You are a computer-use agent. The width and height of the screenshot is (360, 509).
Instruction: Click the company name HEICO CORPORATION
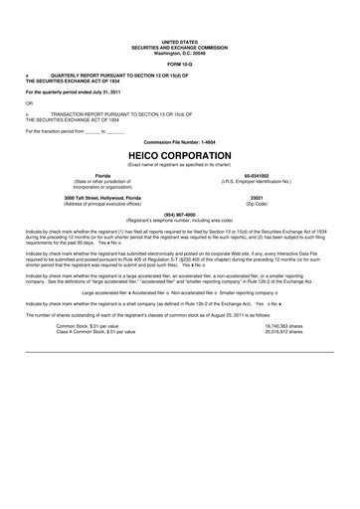(179, 156)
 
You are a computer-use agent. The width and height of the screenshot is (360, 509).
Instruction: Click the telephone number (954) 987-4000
(179, 213)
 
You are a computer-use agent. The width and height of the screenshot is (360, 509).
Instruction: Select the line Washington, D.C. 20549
(179, 52)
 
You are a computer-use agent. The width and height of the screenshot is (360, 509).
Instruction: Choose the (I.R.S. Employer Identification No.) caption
(256, 182)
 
